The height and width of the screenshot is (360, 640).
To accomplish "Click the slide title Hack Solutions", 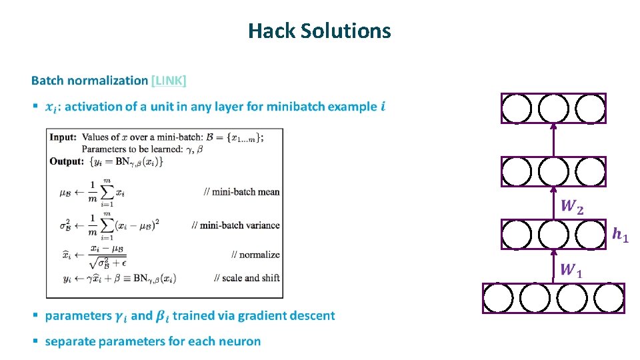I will pos(319,31).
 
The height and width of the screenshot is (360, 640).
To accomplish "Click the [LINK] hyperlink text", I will pos(169,81).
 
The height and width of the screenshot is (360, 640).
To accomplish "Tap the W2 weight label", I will pos(572,206).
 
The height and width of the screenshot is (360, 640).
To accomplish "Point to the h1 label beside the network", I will pos(620,234).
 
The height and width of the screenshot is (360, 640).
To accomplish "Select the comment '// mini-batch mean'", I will pos(242,192).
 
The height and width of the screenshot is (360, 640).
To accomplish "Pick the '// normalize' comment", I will pos(255,255).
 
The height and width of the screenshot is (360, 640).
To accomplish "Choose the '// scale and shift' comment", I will pos(247,277).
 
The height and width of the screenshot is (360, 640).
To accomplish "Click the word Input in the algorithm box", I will pos(63,137).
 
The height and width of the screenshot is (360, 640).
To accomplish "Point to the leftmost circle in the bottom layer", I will pos(498,299).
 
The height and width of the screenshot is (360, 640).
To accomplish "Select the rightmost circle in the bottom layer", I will pos(609,299).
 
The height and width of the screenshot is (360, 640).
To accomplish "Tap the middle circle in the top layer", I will pos(553,109).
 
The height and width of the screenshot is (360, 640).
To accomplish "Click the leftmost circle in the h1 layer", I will pos(517,235).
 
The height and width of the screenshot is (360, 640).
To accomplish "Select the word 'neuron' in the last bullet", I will pos(241,341).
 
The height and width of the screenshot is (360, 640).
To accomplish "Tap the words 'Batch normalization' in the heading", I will pos(89,81).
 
